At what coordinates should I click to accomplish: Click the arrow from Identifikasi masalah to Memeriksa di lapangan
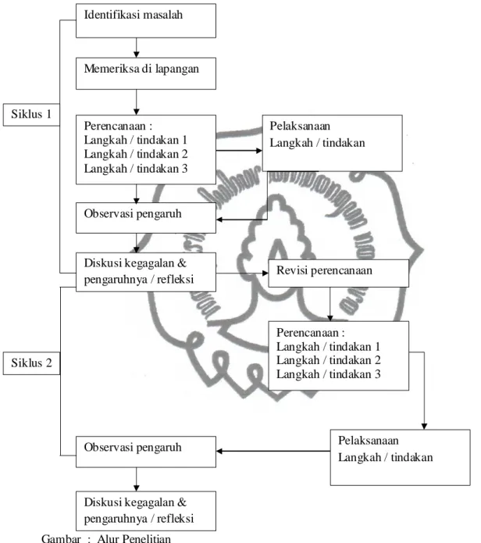(137, 48)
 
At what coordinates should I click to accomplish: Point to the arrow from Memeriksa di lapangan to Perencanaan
(137, 102)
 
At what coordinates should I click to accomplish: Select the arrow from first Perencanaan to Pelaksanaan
(239, 150)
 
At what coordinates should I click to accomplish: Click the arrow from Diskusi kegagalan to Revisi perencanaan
(242, 273)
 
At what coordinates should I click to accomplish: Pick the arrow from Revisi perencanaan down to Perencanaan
(330, 305)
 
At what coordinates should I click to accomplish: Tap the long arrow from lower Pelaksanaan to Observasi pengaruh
(273, 451)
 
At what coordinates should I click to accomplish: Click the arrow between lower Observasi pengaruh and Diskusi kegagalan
(137, 479)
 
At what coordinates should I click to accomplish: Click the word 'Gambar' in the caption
(61, 538)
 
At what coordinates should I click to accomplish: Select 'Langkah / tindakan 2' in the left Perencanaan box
(136, 154)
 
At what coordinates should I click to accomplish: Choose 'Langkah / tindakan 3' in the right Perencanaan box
(329, 374)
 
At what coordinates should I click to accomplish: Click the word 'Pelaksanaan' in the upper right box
(300, 126)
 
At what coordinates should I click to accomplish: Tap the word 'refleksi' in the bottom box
(175, 519)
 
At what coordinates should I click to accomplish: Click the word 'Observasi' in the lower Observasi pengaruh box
(109, 447)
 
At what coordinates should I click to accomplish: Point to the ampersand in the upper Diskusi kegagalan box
(182, 263)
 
